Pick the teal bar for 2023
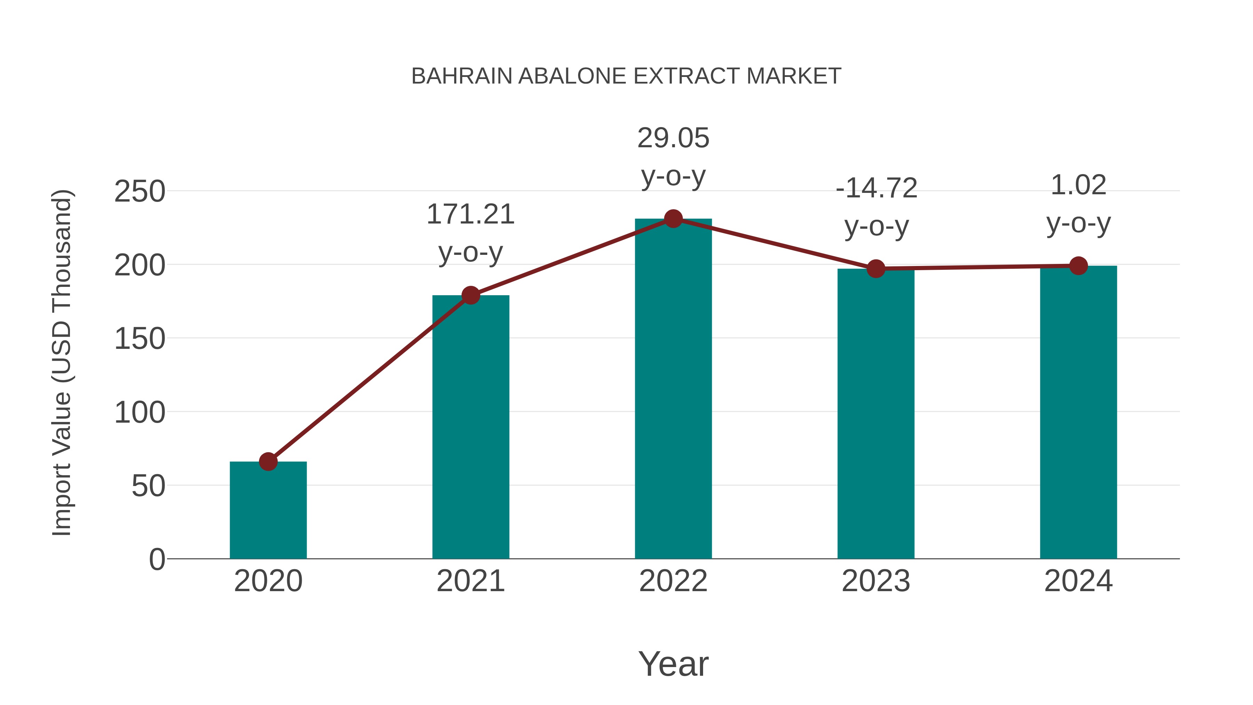(x=876, y=414)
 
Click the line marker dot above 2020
(x=268, y=461)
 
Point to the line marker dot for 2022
(x=673, y=219)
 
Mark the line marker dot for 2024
(x=1078, y=266)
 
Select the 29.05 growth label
(x=673, y=138)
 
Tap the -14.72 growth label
(x=876, y=188)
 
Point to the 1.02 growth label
(x=1078, y=185)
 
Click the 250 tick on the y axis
(x=140, y=191)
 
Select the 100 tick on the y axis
(x=140, y=413)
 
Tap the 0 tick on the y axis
(x=157, y=559)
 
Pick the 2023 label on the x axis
(x=876, y=581)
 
